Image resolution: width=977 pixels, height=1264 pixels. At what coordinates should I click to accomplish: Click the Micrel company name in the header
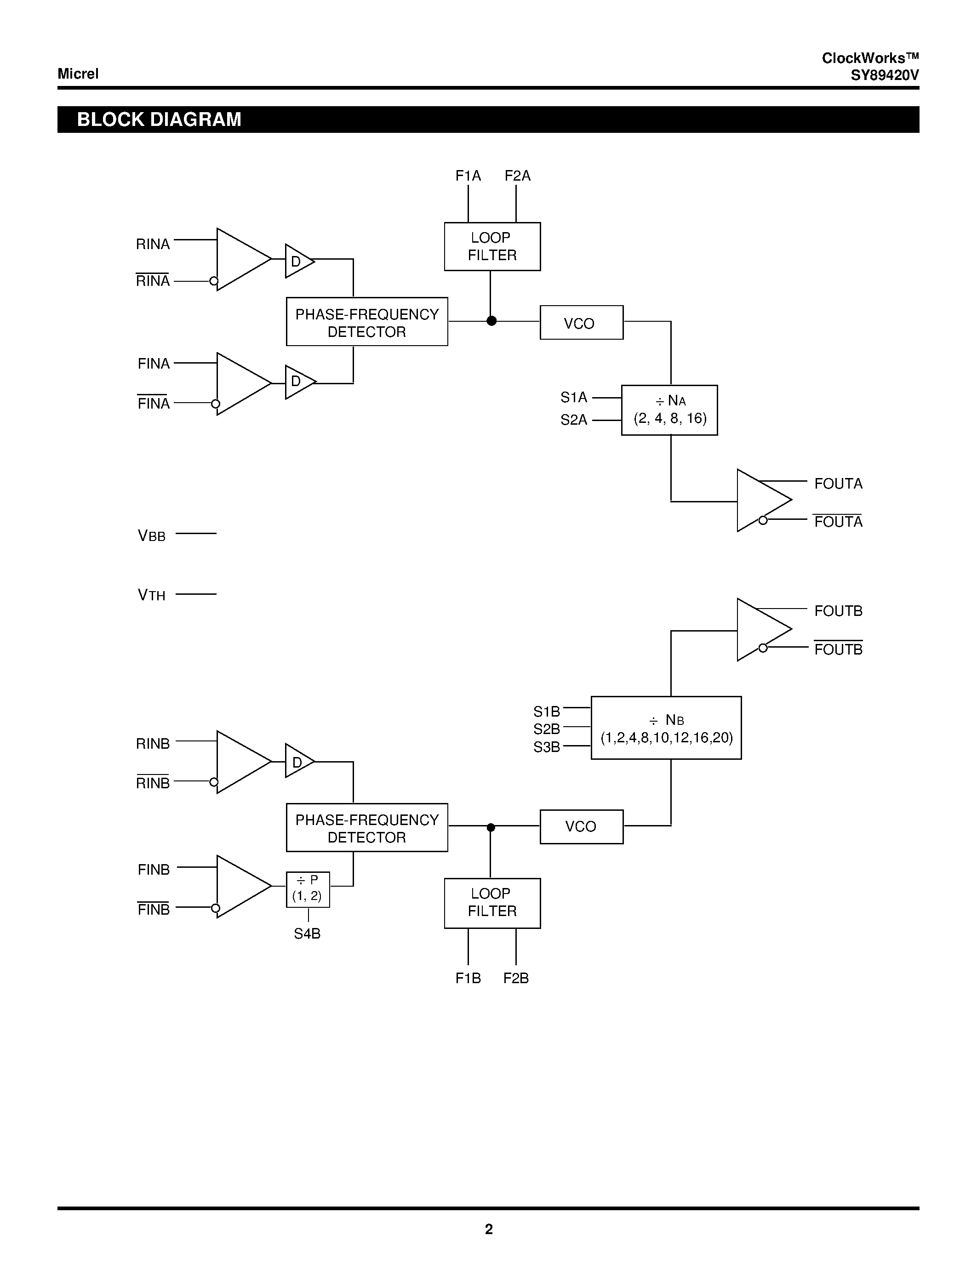pos(78,74)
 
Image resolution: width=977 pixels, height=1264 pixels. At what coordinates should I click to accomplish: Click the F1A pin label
pos(468,176)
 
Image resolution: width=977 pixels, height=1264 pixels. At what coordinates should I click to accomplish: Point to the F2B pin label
pos(516,978)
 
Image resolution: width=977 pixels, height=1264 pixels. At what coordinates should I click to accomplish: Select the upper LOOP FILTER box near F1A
pos(492,246)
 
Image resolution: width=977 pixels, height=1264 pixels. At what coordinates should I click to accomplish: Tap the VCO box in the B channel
pos(581,826)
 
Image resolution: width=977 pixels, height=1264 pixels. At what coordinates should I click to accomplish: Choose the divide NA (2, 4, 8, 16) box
pos(669,410)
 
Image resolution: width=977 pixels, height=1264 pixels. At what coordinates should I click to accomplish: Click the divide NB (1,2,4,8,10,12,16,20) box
pos(666,728)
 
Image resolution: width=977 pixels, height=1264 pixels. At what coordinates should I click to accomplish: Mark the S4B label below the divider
pos(307,934)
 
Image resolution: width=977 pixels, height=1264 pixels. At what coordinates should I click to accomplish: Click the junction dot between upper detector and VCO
pos(491,321)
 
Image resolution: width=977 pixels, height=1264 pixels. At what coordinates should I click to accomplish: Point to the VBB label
pos(152,536)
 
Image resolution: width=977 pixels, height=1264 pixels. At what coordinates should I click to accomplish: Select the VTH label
pos(152,595)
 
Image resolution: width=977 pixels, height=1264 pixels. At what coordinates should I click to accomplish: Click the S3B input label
pos(546,747)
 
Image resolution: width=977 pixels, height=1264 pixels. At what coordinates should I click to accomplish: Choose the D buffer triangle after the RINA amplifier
pos(298,262)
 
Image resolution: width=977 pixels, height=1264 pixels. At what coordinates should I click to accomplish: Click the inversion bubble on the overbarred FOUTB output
pos(763,648)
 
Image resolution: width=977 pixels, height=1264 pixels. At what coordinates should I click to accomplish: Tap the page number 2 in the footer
pos(488,1229)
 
